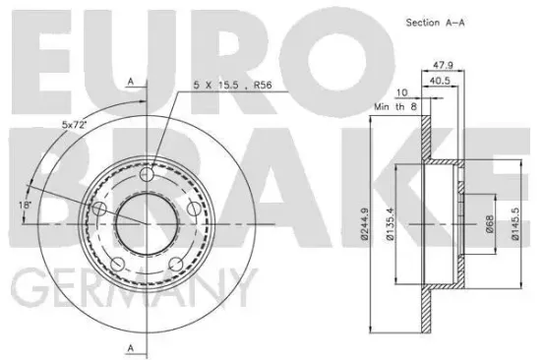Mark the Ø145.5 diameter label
click(x=516, y=223)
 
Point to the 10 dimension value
click(x=401, y=93)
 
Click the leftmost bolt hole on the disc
click(x=97, y=208)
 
